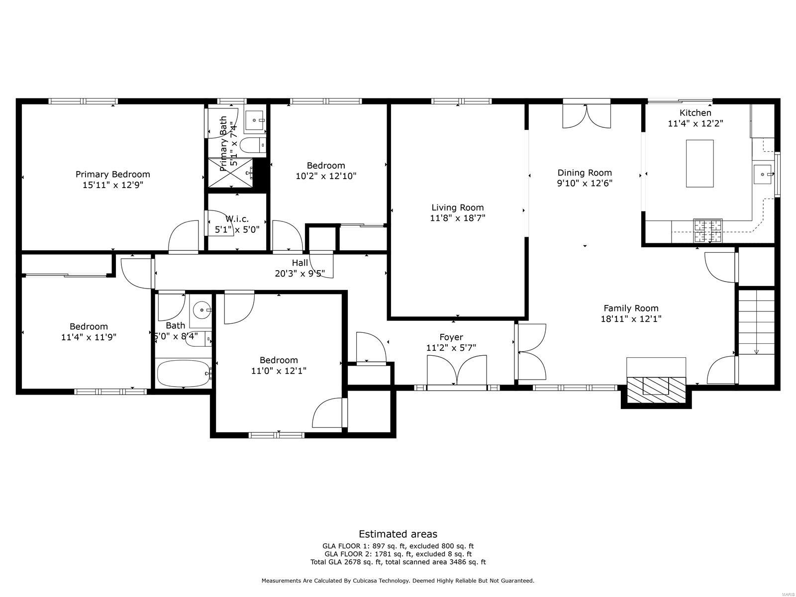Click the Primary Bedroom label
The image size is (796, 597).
(x=112, y=174)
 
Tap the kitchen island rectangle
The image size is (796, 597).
(x=699, y=164)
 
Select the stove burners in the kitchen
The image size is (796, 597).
(x=708, y=231)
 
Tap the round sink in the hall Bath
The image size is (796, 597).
(x=201, y=310)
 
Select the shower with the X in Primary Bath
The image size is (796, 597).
(x=230, y=173)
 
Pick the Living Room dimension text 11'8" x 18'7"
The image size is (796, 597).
(x=458, y=218)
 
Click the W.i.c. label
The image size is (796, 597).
(x=237, y=219)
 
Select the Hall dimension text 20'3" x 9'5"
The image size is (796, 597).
(x=299, y=273)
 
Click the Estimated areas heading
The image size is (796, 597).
(x=398, y=534)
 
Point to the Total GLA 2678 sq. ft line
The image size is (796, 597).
(x=398, y=562)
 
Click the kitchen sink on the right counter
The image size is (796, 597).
(x=762, y=174)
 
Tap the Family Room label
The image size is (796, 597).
(x=631, y=308)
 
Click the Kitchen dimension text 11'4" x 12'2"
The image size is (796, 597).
(x=695, y=123)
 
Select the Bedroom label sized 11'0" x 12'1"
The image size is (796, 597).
(x=279, y=360)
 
